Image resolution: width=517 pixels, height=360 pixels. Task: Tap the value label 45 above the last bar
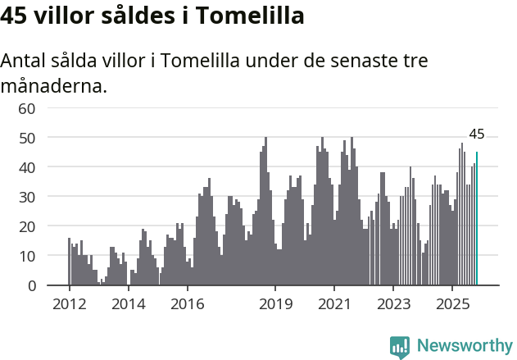click(x=477, y=134)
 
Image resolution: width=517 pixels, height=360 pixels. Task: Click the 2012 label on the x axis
click(x=69, y=303)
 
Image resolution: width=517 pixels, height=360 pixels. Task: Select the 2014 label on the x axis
click(x=128, y=303)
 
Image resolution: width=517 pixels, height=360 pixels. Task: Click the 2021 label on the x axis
click(x=334, y=303)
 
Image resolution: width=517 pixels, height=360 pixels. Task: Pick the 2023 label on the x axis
click(x=393, y=303)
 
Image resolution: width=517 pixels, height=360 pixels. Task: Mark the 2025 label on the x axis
click(x=452, y=303)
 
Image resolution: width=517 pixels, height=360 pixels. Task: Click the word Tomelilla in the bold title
click(x=247, y=16)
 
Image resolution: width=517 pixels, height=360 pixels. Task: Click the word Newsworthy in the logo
click(x=465, y=346)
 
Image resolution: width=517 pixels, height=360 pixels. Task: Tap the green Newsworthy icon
click(x=400, y=347)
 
